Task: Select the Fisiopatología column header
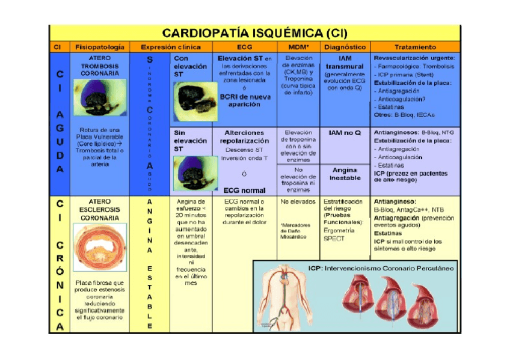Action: click(x=100, y=46)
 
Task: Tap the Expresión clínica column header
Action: click(x=170, y=46)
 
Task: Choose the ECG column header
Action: click(x=244, y=46)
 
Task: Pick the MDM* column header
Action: click(x=298, y=46)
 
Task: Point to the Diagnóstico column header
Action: click(x=344, y=46)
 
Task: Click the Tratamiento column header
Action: click(x=415, y=46)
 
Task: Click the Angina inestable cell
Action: click(x=344, y=174)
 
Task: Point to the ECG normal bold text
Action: click(x=244, y=190)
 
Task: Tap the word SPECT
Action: click(x=334, y=239)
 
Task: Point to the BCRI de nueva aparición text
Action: click(x=244, y=100)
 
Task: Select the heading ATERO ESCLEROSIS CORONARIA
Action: click(x=100, y=209)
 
